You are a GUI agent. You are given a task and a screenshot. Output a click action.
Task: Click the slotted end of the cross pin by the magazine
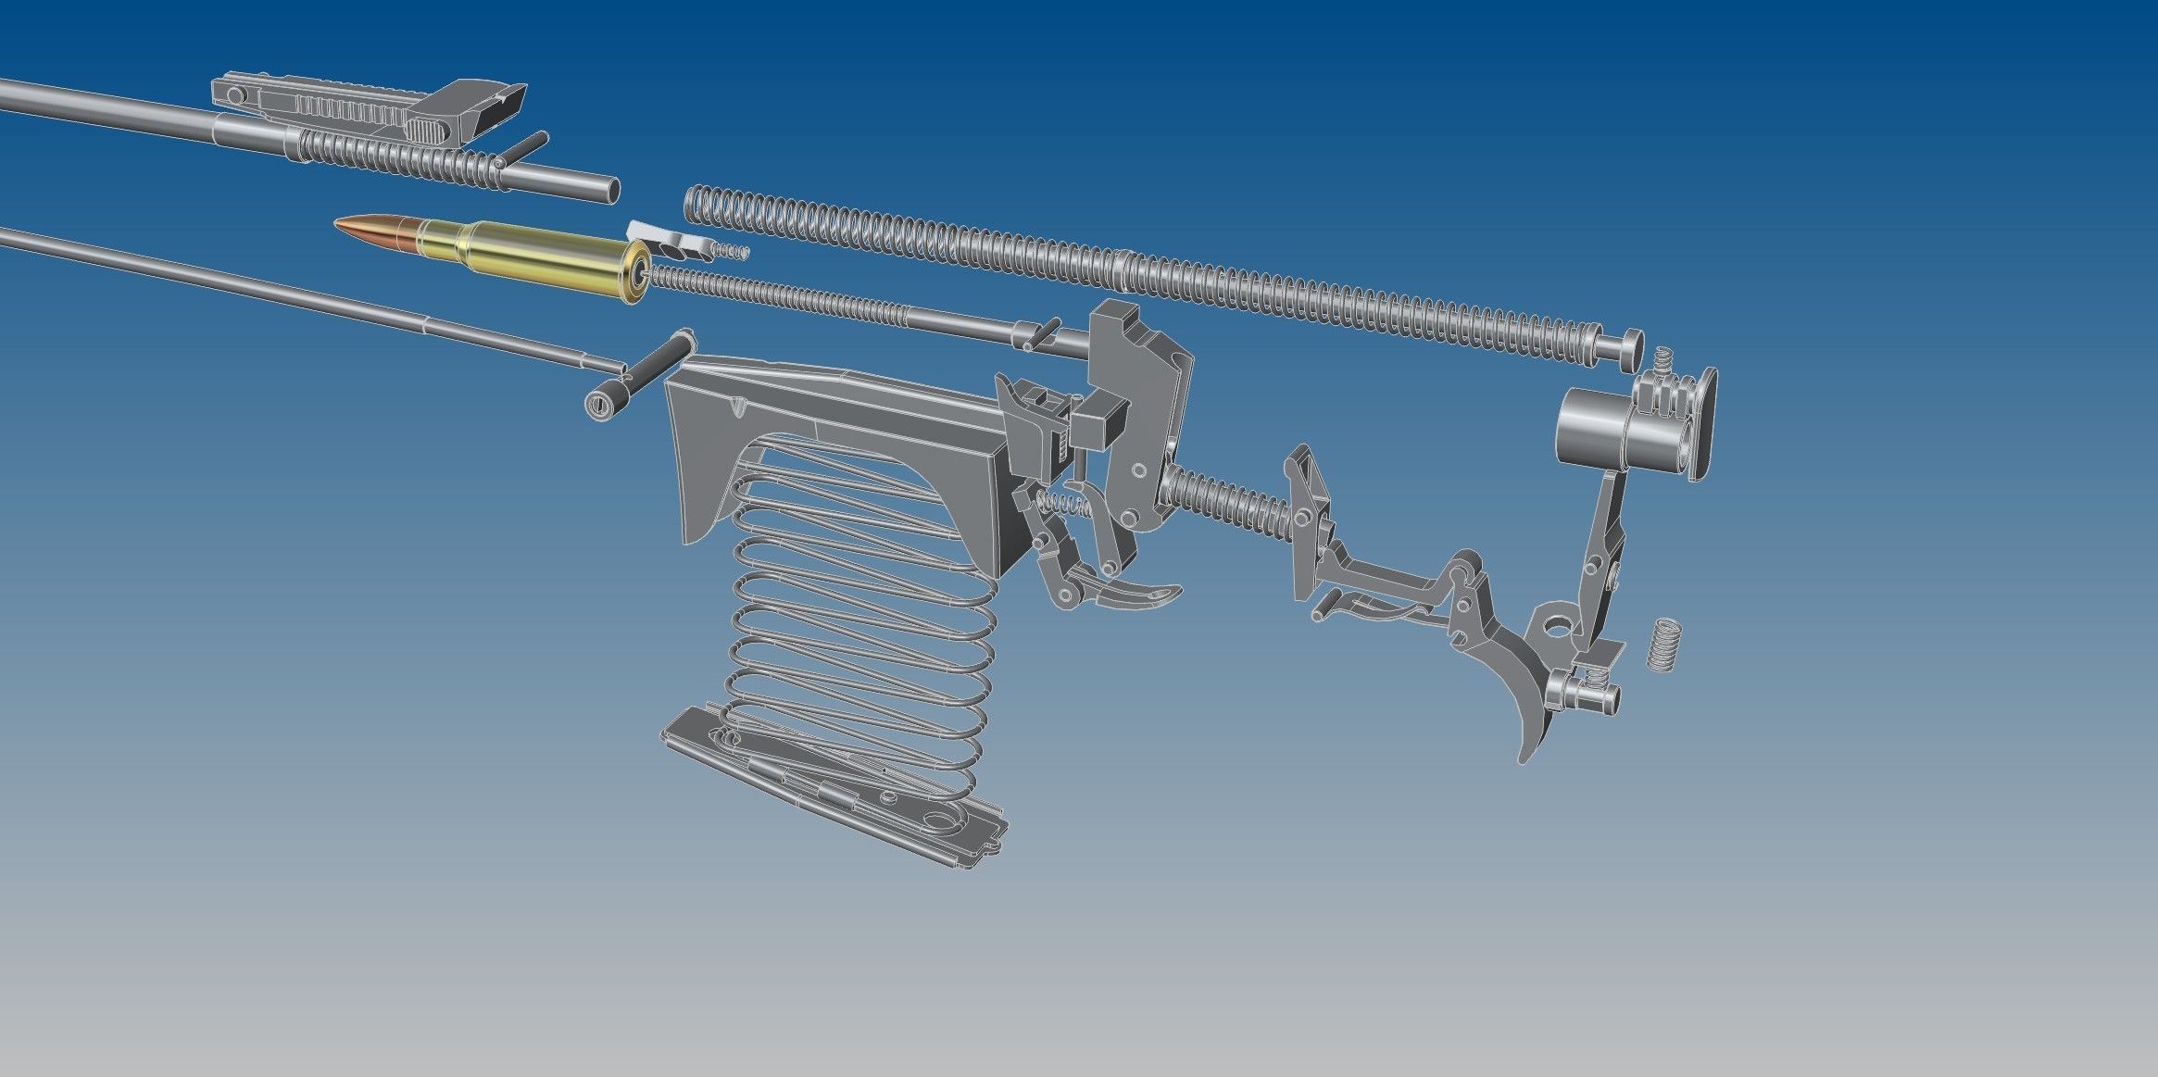(x=603, y=406)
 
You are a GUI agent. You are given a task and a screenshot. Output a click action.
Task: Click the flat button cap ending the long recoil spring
(x=1621, y=350)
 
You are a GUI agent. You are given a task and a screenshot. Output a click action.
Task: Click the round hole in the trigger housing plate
(x=1555, y=631)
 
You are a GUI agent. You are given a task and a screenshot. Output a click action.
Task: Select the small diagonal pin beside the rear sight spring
(x=523, y=147)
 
